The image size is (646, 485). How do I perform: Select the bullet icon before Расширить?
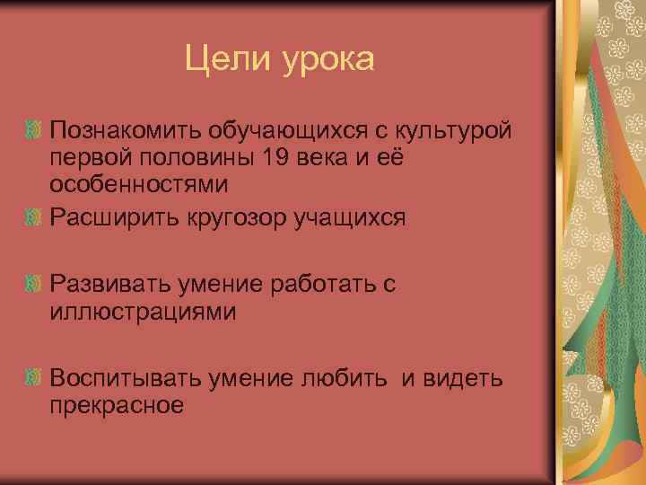33,218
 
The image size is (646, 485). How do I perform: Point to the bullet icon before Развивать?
33,285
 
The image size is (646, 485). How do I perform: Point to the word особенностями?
139,185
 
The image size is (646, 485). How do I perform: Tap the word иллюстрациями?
143,312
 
